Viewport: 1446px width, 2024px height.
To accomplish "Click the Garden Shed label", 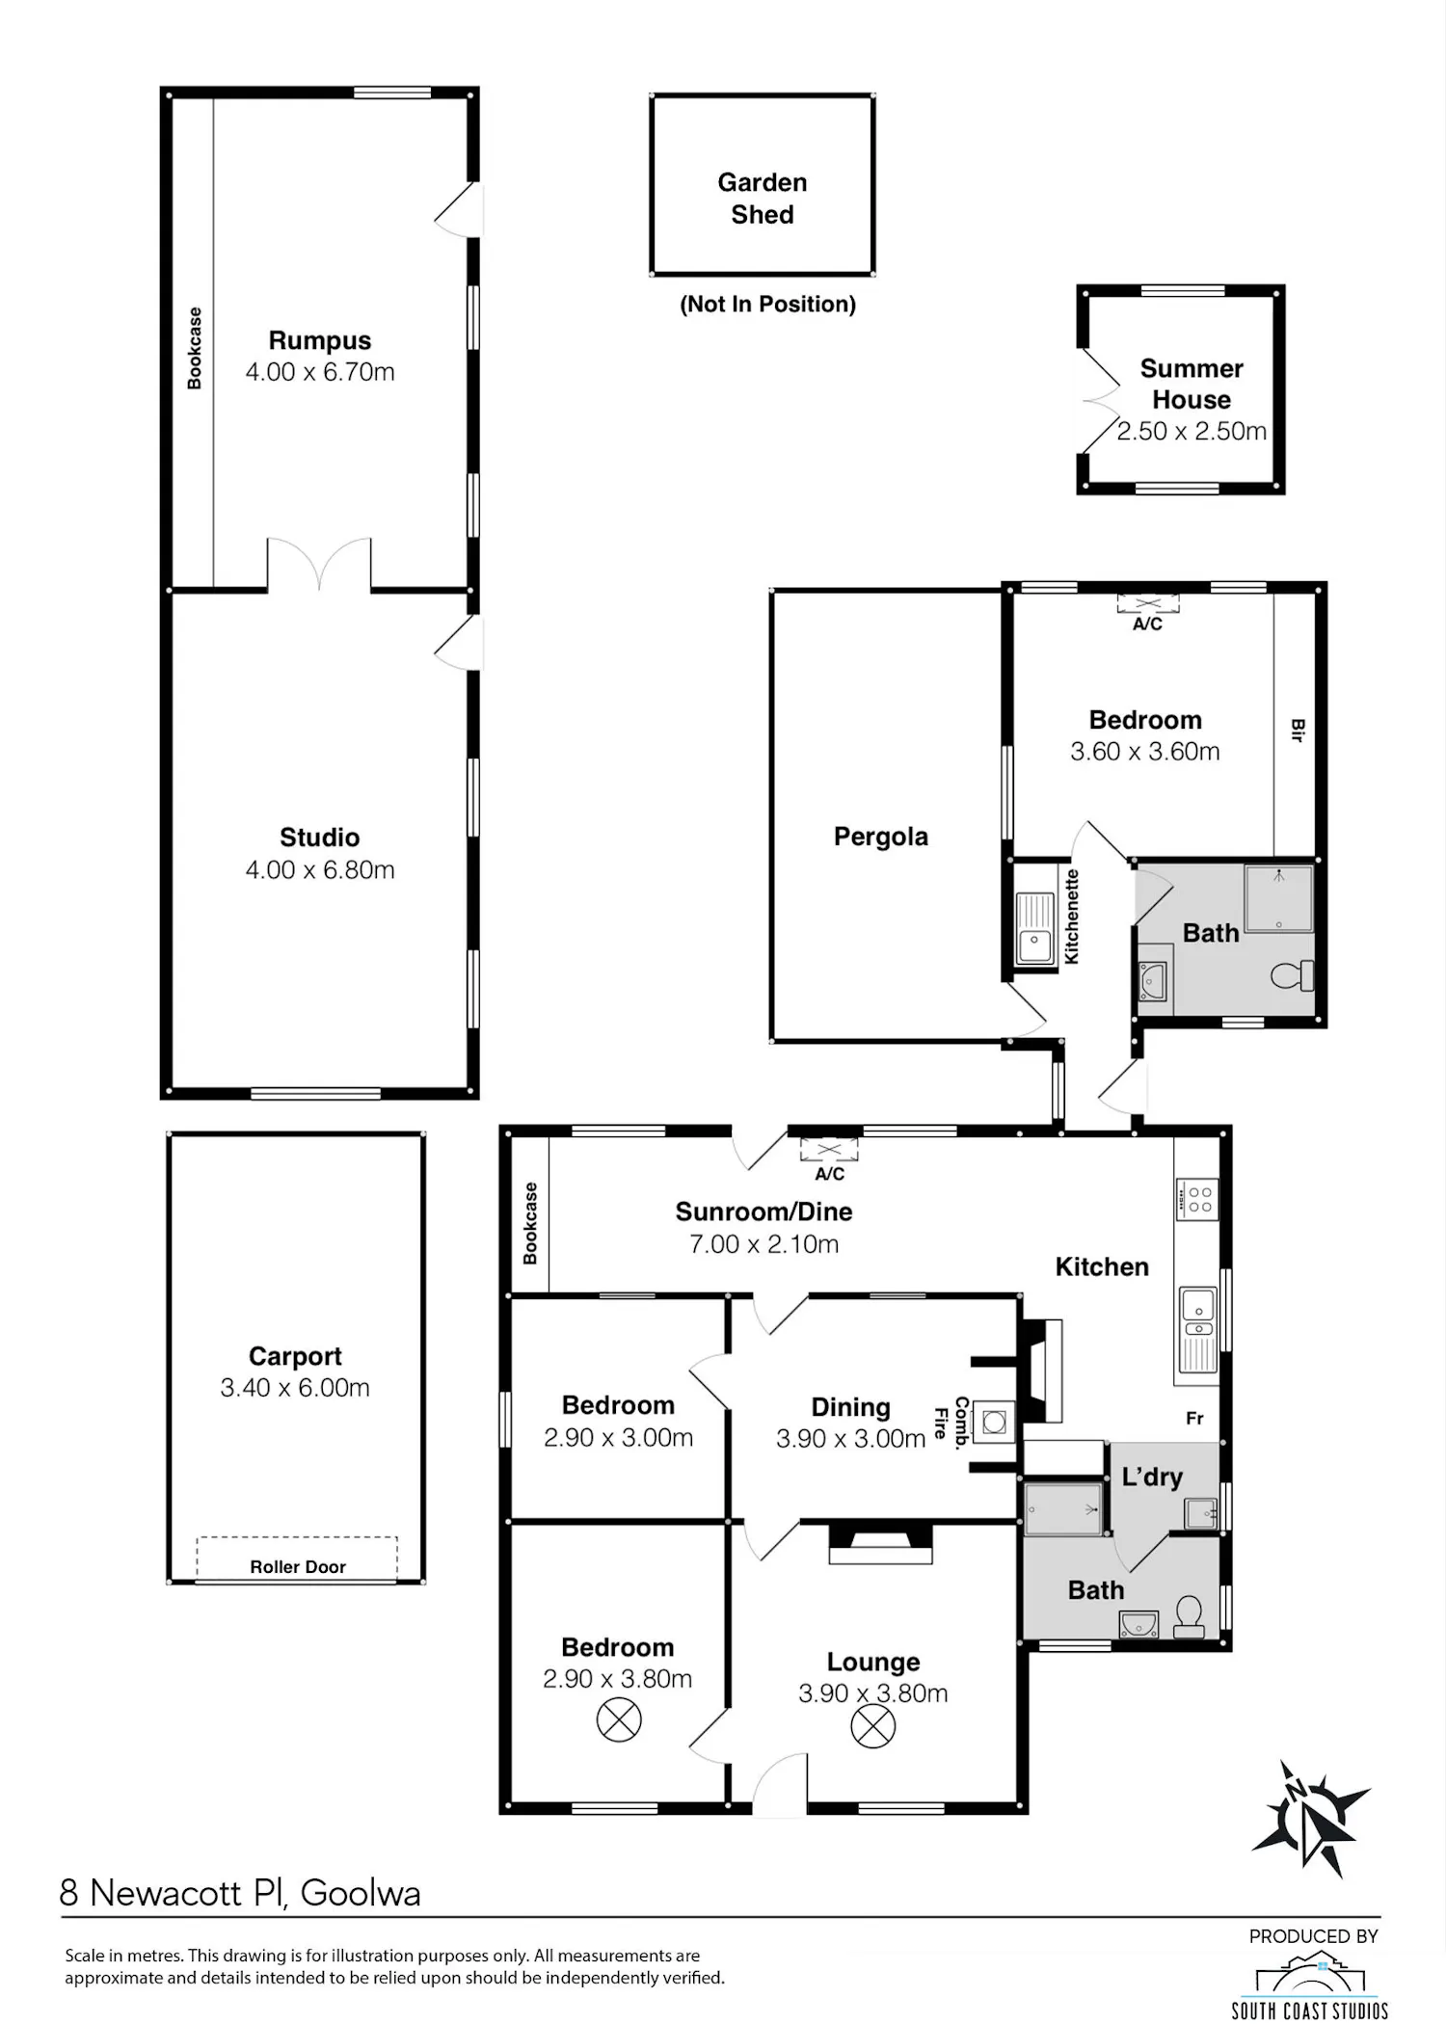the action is pyautogui.click(x=763, y=199).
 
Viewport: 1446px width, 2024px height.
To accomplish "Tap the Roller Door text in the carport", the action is pyautogui.click(x=298, y=1567).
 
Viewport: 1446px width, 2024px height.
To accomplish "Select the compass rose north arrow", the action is pyautogui.click(x=1309, y=1821).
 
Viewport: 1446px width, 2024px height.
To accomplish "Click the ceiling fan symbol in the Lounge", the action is pyautogui.click(x=872, y=1726).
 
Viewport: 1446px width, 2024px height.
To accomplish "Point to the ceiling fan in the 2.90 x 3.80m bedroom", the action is pyautogui.click(x=619, y=1719).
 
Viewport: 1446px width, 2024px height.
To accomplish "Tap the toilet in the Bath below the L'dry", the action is pyautogui.click(x=1190, y=1616).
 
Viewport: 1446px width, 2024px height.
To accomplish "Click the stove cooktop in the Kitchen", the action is pyautogui.click(x=1197, y=1200).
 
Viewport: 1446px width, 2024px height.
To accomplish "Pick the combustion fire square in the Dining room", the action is pyautogui.click(x=994, y=1421).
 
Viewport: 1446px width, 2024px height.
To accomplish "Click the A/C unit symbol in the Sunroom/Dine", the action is pyautogui.click(x=829, y=1150).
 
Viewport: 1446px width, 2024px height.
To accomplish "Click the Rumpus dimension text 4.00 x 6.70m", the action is pyautogui.click(x=320, y=372).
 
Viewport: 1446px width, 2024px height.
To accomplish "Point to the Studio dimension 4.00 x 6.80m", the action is pyautogui.click(x=320, y=870).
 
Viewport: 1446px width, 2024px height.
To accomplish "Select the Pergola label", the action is pyautogui.click(x=881, y=837).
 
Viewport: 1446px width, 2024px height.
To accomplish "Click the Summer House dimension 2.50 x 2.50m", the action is pyautogui.click(x=1192, y=432).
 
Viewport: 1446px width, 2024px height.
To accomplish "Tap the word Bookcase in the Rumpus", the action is pyautogui.click(x=196, y=348).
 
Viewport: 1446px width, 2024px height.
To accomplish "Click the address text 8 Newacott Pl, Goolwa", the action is pyautogui.click(x=240, y=1893).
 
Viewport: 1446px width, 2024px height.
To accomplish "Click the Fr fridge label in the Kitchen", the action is pyautogui.click(x=1195, y=1418).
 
